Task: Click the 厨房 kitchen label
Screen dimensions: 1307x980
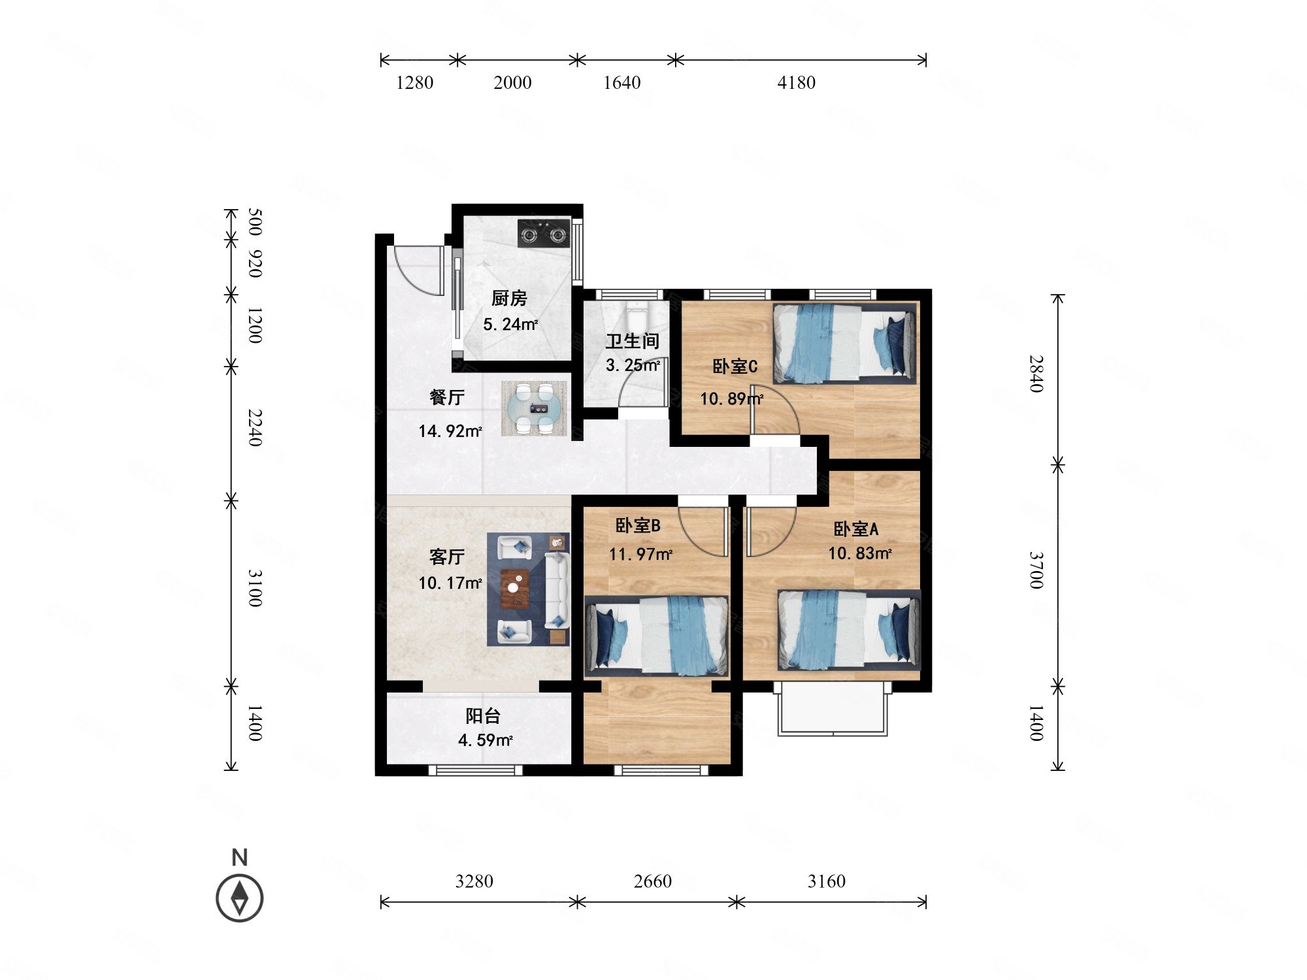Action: (509, 299)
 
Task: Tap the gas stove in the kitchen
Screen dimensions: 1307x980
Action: (544, 233)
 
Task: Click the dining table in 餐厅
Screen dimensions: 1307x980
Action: (534, 408)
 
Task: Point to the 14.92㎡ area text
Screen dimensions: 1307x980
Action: (450, 431)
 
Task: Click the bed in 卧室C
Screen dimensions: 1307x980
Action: (844, 343)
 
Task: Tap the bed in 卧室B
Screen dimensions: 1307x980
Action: (657, 635)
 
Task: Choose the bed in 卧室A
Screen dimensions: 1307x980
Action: (849, 630)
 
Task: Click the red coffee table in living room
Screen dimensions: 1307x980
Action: (515, 589)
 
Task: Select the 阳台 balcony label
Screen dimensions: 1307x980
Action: (483, 716)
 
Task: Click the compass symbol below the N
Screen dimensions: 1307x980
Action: (240, 897)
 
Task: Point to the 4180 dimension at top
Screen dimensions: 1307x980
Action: (796, 83)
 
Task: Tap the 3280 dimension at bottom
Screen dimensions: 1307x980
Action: (474, 881)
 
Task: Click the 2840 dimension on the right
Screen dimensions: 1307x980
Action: (1036, 374)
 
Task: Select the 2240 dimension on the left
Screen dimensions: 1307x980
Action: (256, 428)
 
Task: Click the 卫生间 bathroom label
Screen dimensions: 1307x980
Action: (632, 341)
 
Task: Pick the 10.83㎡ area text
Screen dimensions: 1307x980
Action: (860, 553)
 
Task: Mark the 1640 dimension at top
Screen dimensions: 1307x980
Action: (621, 83)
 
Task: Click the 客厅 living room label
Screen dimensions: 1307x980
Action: (447, 557)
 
